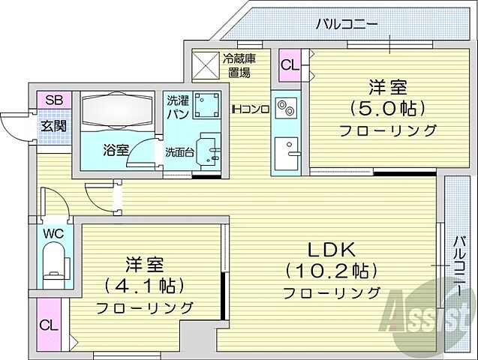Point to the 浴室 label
coord(116,148)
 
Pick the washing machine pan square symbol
coord(206,106)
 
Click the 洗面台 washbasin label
coord(179,152)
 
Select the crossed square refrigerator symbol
coord(204,64)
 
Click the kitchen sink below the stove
coord(286,153)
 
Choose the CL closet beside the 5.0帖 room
coord(290,64)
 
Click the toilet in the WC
coord(54,263)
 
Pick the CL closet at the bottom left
coord(49,325)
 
